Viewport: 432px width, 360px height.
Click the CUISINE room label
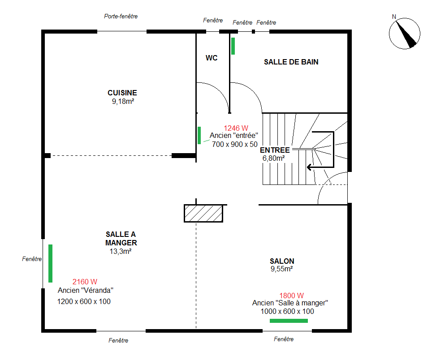pos(122,93)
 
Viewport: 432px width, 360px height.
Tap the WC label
pos(212,58)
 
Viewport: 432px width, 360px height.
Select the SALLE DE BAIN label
pos(291,62)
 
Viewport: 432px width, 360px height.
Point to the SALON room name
pos(282,261)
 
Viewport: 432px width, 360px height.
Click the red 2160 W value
pos(85,282)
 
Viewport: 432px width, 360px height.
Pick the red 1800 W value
pos(291,296)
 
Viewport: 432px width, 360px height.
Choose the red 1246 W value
pos(236,128)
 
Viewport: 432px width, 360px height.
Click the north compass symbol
pos(405,34)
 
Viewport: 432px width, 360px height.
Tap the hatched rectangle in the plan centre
pos(203,213)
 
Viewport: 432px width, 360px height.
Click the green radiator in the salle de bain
pos(233,46)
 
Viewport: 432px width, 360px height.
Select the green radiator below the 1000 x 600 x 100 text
pos(289,321)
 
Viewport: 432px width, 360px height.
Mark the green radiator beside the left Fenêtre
pos(51,263)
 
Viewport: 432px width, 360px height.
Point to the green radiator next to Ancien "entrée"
pos(199,135)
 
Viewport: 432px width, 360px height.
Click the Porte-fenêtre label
pos(121,16)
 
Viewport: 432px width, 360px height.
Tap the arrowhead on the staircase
pos(309,167)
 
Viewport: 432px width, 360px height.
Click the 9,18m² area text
pos(123,101)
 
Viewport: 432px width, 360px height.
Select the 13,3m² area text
pos(121,251)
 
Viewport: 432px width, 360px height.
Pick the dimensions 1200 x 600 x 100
pos(84,301)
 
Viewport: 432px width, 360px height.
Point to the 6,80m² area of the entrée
pos(273,158)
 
